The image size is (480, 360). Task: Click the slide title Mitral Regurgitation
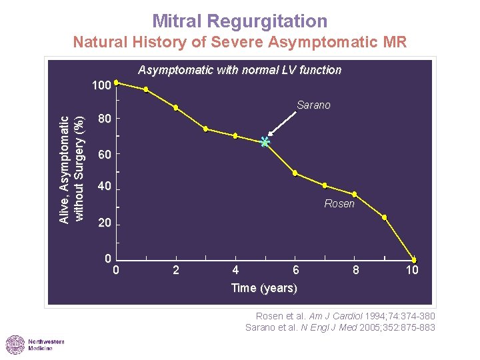(x=239, y=21)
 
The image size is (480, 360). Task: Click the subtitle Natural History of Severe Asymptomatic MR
(x=239, y=43)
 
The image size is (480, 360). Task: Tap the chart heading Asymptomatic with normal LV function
(x=239, y=70)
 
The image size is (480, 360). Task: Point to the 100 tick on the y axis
(x=101, y=86)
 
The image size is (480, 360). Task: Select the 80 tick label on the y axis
(x=104, y=120)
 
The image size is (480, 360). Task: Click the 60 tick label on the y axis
(x=104, y=155)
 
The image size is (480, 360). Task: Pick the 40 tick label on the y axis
(x=104, y=187)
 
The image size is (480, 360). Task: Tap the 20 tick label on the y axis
(x=104, y=223)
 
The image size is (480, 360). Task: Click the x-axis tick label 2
(x=175, y=270)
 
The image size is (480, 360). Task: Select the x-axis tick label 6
(x=296, y=270)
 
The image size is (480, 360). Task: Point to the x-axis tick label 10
(x=413, y=270)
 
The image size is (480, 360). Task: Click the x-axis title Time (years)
(x=264, y=288)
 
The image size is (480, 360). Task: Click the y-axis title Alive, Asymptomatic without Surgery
(x=71, y=169)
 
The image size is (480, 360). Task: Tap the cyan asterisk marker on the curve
(x=265, y=142)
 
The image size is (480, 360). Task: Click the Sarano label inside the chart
(x=313, y=105)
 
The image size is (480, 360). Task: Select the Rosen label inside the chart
(x=339, y=204)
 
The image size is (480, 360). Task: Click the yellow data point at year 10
(x=414, y=259)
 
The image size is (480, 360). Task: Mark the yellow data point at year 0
(x=116, y=83)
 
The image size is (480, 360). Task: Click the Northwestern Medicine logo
(x=35, y=345)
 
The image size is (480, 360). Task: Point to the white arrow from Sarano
(x=283, y=125)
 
